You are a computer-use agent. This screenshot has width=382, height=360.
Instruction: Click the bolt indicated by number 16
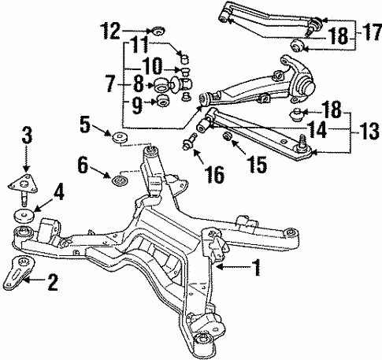190,145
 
